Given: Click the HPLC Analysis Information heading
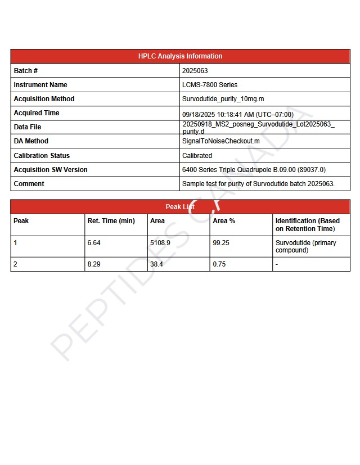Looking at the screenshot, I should [x=180, y=56].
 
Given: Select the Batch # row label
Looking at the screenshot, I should [x=26, y=71].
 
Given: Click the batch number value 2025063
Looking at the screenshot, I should [x=195, y=71].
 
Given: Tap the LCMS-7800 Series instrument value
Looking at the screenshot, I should [x=210, y=85].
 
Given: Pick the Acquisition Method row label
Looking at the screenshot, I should [x=44, y=99].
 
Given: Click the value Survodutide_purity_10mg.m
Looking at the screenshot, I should [x=223, y=99].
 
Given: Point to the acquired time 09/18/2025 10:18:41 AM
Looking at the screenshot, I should [x=237, y=114].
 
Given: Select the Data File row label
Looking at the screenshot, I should [x=28, y=127].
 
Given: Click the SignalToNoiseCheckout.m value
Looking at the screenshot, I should [x=221, y=141].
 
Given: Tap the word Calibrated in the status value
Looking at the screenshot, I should [x=197, y=156].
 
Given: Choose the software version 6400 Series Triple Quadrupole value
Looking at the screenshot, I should [x=254, y=170].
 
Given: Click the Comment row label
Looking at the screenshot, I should [x=29, y=184].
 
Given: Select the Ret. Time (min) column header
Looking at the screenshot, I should [x=111, y=221].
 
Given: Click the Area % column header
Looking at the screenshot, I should [x=224, y=221].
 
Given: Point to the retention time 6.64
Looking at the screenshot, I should [x=94, y=243].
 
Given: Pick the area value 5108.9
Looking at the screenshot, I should [x=160, y=243].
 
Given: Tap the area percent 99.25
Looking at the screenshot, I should [x=221, y=243].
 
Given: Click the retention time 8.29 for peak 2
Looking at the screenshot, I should [x=94, y=264].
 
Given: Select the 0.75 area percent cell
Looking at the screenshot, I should [x=219, y=264].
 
